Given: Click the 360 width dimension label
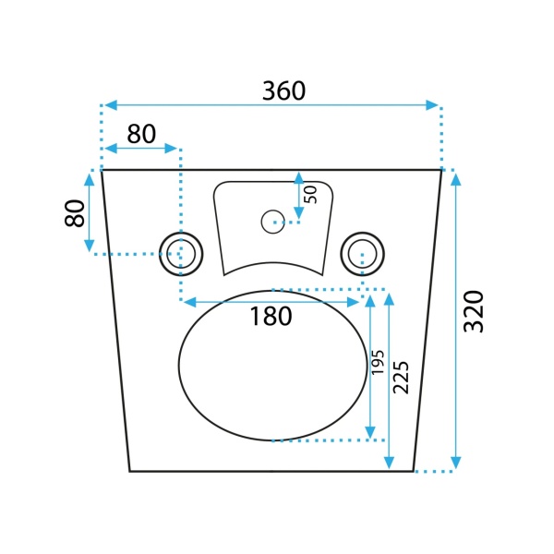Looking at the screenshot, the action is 283,90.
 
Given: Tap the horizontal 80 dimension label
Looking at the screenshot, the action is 141,134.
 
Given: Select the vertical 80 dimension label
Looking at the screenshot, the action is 75,213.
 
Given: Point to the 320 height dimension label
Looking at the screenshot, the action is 474,312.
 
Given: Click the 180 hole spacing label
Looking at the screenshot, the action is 271,316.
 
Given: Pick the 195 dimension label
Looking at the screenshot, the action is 378,362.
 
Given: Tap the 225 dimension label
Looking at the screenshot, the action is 401,378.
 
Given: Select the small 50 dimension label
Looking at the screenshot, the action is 311,195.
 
